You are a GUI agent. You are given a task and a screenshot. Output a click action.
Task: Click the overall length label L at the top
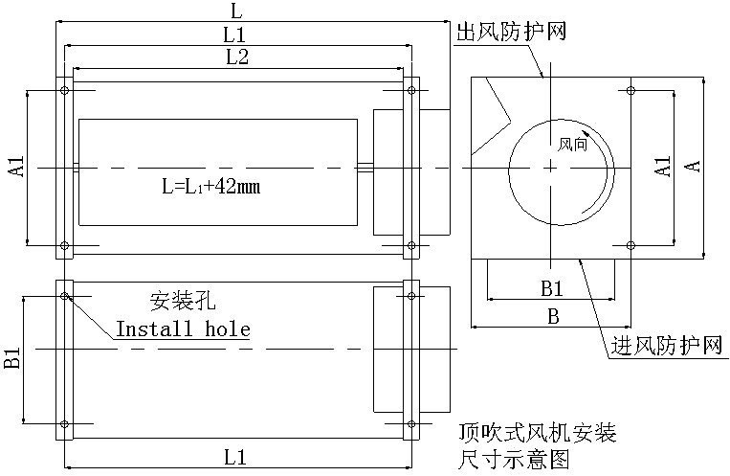pyautogui.click(x=237, y=11)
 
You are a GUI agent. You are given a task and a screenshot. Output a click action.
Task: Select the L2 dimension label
pyautogui.click(x=237, y=57)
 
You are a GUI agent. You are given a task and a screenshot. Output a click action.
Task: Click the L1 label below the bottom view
pyautogui.click(x=237, y=457)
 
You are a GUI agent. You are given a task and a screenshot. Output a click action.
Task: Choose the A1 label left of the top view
pyautogui.click(x=16, y=167)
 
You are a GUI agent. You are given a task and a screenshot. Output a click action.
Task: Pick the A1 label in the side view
pyautogui.click(x=662, y=166)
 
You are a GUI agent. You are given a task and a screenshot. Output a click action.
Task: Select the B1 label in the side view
pyautogui.click(x=551, y=287)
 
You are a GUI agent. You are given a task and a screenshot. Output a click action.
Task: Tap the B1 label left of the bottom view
pyautogui.click(x=12, y=360)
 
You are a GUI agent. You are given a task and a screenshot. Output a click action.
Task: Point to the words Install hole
pyautogui.click(x=183, y=329)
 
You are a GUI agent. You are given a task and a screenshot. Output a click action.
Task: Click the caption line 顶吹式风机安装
pyautogui.click(x=537, y=433)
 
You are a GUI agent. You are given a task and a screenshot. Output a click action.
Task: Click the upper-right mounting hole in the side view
pyautogui.click(x=630, y=91)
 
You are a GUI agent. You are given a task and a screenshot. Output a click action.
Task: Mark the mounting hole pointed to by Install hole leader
pyautogui.click(x=64, y=296)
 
